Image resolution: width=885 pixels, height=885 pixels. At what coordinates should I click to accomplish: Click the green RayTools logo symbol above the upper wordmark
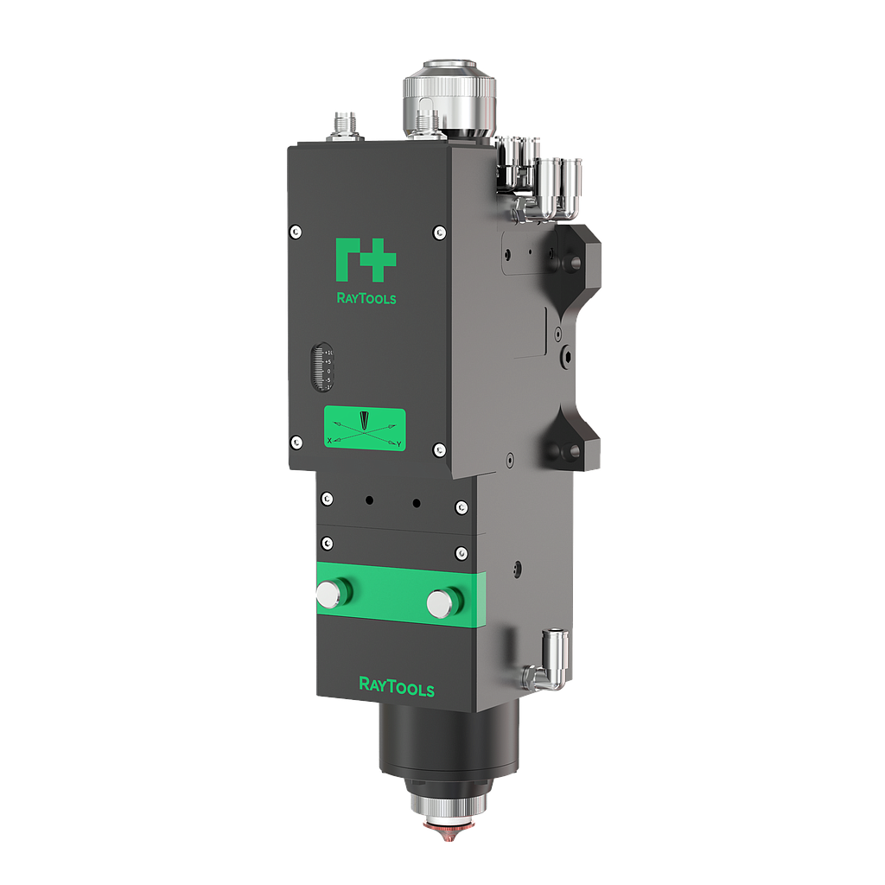[365, 259]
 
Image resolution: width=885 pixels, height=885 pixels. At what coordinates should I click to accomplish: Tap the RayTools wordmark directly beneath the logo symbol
[365, 298]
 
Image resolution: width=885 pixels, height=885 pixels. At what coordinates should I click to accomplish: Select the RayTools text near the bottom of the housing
[396, 687]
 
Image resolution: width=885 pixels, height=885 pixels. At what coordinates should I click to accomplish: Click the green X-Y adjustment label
[364, 429]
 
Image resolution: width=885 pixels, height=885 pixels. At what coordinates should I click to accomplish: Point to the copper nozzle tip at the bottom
[448, 834]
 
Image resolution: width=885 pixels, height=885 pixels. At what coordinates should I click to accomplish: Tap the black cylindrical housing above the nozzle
[448, 743]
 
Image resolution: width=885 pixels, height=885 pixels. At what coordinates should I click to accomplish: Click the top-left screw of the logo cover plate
[296, 231]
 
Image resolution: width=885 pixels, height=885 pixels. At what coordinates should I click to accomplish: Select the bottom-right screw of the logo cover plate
[439, 449]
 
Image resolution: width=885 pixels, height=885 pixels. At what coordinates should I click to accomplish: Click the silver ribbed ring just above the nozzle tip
[448, 808]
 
